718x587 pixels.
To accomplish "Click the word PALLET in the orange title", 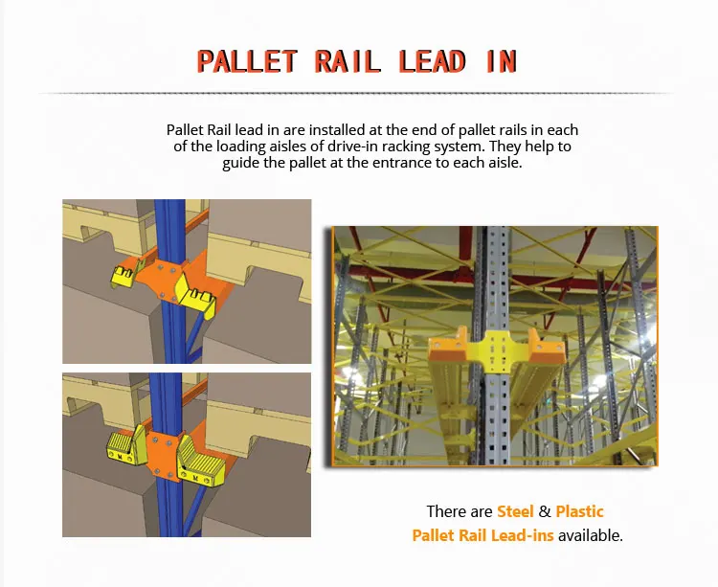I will coord(248,61).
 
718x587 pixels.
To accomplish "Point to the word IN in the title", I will coord(501,61).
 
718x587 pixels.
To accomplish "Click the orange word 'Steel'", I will coord(515,512).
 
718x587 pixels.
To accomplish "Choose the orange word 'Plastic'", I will coord(580,512).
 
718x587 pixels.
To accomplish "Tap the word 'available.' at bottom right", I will coord(590,535).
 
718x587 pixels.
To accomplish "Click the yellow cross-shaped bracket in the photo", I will coord(493,352).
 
